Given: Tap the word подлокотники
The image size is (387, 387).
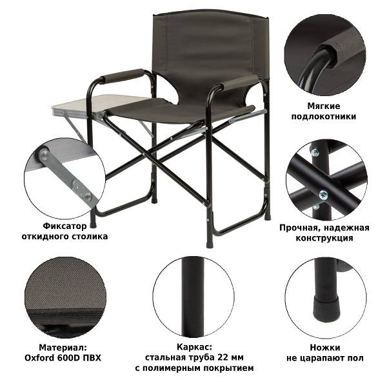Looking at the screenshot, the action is [x=324, y=117].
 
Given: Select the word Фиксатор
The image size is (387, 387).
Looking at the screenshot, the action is [x=64, y=226].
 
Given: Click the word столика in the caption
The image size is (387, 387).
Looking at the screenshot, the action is [x=90, y=237].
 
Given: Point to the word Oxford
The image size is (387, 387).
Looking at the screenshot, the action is [x=39, y=358].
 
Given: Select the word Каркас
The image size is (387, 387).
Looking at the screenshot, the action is [x=194, y=347].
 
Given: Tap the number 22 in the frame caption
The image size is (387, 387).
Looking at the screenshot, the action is [x=223, y=357].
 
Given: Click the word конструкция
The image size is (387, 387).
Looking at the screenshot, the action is [x=324, y=238].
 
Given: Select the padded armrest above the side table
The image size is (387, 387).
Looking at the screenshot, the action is [x=122, y=76].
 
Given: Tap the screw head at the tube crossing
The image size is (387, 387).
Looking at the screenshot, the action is [x=323, y=195].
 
